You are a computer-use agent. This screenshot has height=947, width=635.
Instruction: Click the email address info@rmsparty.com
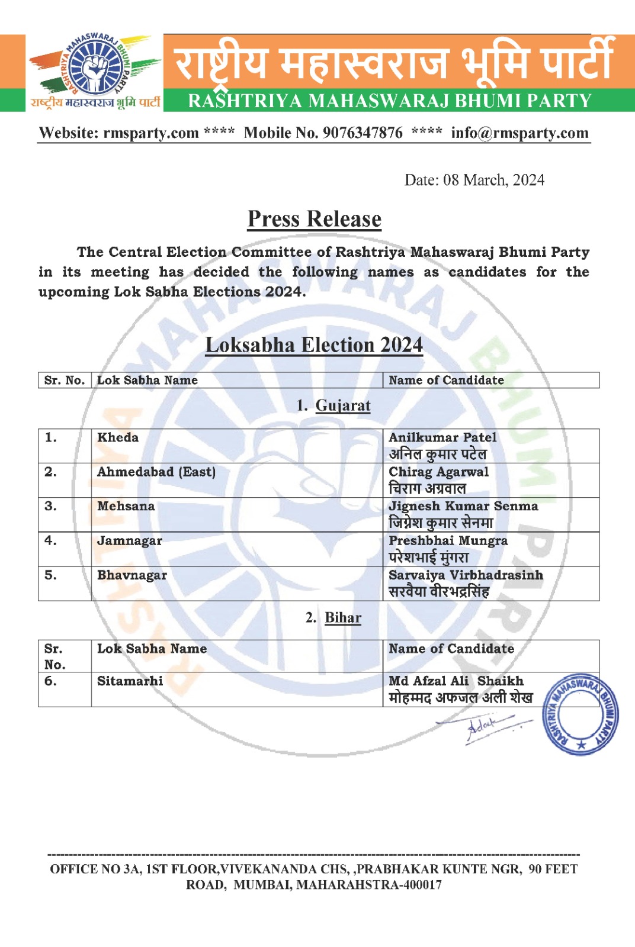pyautogui.click(x=519, y=133)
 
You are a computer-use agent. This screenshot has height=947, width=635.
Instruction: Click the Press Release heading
pyautogui.click(x=315, y=219)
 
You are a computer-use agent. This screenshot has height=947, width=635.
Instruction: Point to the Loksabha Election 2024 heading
pyautogui.click(x=314, y=345)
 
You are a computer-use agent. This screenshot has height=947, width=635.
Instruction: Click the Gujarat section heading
pyautogui.click(x=342, y=405)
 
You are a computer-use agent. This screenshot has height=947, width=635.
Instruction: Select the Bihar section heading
pyautogui.click(x=342, y=617)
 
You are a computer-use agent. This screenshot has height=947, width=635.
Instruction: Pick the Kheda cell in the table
pyautogui.click(x=118, y=437)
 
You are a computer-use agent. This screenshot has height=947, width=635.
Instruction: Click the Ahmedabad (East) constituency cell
pyautogui.click(x=156, y=472)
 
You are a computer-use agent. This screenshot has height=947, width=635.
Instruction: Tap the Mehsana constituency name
pyautogui.click(x=126, y=506)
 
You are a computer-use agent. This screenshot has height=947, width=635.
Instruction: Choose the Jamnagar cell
pyautogui.click(x=130, y=540)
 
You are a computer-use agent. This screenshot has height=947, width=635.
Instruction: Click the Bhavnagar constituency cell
pyautogui.click(x=132, y=575)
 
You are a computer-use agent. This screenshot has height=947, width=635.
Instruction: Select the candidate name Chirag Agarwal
pyautogui.click(x=438, y=472)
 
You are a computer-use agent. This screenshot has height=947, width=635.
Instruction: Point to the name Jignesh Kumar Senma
pyautogui.click(x=463, y=506)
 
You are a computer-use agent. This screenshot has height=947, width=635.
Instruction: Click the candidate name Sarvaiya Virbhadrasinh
pyautogui.click(x=466, y=575)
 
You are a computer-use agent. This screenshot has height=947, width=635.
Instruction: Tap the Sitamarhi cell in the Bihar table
pyautogui.click(x=130, y=681)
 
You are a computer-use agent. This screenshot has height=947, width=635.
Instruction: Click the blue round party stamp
pyautogui.click(x=581, y=714)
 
